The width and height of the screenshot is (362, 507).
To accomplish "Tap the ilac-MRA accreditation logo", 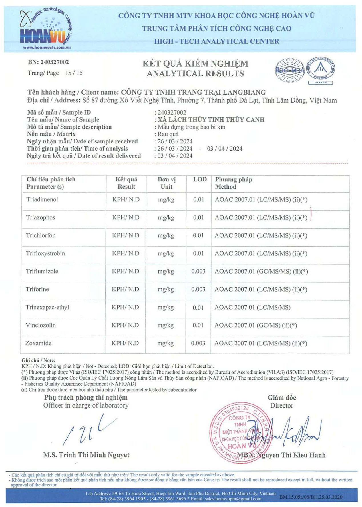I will pos(290,70).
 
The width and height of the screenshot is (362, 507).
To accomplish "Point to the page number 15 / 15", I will pos(74,73).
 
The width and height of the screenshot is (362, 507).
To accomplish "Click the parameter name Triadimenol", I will pos(42,199).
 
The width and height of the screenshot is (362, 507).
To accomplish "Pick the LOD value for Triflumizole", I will pos(198,271).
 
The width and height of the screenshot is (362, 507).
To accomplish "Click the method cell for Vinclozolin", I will pos(256,325).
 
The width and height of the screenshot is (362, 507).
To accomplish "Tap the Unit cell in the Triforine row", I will pos(166,289).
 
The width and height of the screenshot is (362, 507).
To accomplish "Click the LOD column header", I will pos(200,179).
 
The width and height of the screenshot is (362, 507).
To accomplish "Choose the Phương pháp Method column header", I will pos(233,183).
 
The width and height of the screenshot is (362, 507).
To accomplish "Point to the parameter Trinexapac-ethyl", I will pos(47,307).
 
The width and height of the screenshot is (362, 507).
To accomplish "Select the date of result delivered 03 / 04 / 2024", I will pos(175,156).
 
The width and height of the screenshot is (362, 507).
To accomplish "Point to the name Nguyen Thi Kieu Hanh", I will pos(291,455).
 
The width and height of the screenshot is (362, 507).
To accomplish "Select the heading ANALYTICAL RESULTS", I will pos(195,73).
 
